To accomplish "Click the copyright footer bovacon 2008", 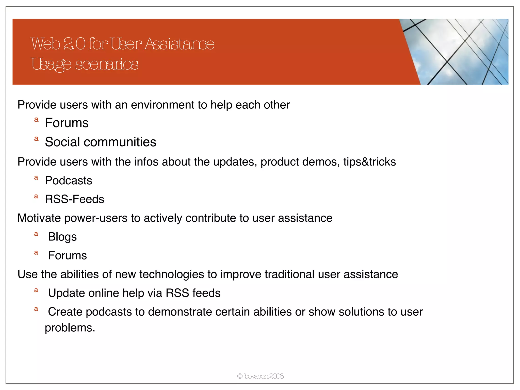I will (x=260, y=376).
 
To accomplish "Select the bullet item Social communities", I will (x=101, y=142).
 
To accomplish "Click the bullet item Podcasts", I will (x=68, y=181).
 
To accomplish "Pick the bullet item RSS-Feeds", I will (x=74, y=199).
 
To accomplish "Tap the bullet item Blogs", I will (x=62, y=237).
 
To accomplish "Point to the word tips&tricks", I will (x=369, y=162).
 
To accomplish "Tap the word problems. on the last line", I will (x=70, y=328).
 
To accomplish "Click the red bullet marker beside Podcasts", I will (x=36, y=178).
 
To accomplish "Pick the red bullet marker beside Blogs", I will (x=36, y=234).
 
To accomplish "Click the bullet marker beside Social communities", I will (x=36, y=139).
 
